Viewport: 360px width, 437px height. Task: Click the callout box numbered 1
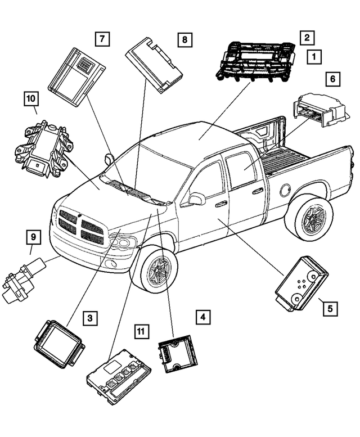click(314, 56)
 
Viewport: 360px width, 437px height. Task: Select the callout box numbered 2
click(307, 38)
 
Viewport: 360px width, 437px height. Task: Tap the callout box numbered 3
click(89, 318)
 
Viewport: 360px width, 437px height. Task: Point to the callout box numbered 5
click(329, 308)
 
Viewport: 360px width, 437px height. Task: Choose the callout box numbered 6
click(332, 79)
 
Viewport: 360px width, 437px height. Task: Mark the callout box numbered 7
click(102, 39)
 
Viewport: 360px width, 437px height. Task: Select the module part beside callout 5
click(301, 282)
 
